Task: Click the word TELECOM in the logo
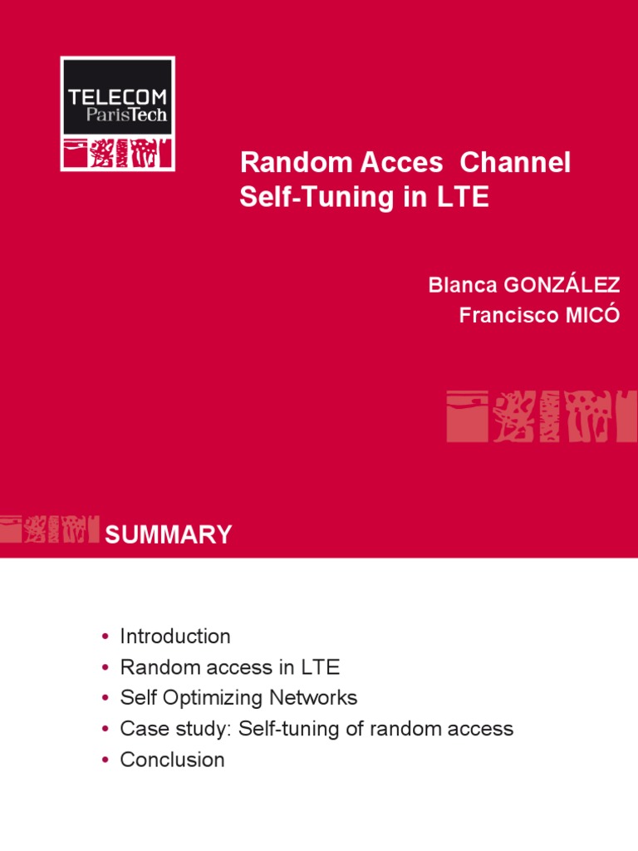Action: [x=117, y=97]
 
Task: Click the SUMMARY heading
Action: [x=168, y=534]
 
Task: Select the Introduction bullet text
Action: [x=175, y=637]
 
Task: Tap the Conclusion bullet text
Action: [x=172, y=760]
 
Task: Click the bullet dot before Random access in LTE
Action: [x=106, y=668]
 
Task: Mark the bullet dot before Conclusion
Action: [x=106, y=760]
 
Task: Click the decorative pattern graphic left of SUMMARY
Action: [x=49, y=529]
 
